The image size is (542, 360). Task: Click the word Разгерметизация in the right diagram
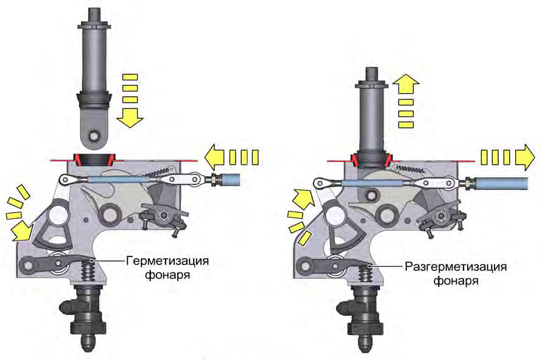click(456, 267)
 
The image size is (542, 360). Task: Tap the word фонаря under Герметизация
click(167, 275)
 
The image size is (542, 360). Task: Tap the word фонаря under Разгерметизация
click(456, 281)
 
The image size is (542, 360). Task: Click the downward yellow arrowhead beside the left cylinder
click(130, 119)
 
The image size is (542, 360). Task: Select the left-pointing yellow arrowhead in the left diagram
click(214, 157)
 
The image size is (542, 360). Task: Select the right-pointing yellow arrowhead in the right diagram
click(525, 157)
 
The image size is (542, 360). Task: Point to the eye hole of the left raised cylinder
click(93, 135)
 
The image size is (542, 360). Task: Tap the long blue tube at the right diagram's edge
click(501, 183)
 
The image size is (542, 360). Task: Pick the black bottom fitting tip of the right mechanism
click(364, 344)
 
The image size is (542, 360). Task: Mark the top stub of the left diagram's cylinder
click(93, 15)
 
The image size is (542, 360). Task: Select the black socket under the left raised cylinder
click(93, 160)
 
